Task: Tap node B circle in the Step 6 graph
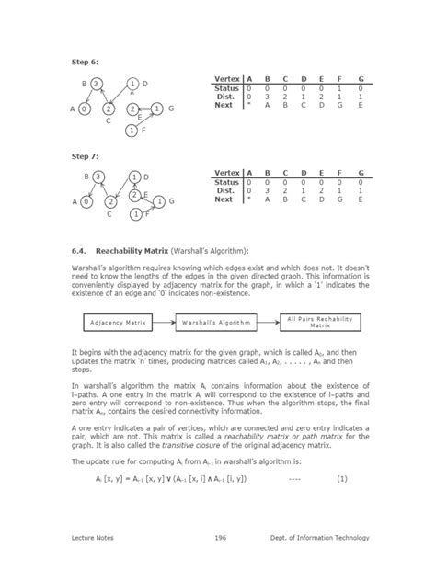[x=98, y=85]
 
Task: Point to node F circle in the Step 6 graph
[x=133, y=131]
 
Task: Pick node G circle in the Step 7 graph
[x=158, y=200]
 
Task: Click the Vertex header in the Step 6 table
[x=226, y=81]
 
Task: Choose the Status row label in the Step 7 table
[x=225, y=182]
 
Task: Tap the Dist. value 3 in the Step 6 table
[x=268, y=96]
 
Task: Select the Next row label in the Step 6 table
[x=225, y=104]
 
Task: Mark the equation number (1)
[x=342, y=479]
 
